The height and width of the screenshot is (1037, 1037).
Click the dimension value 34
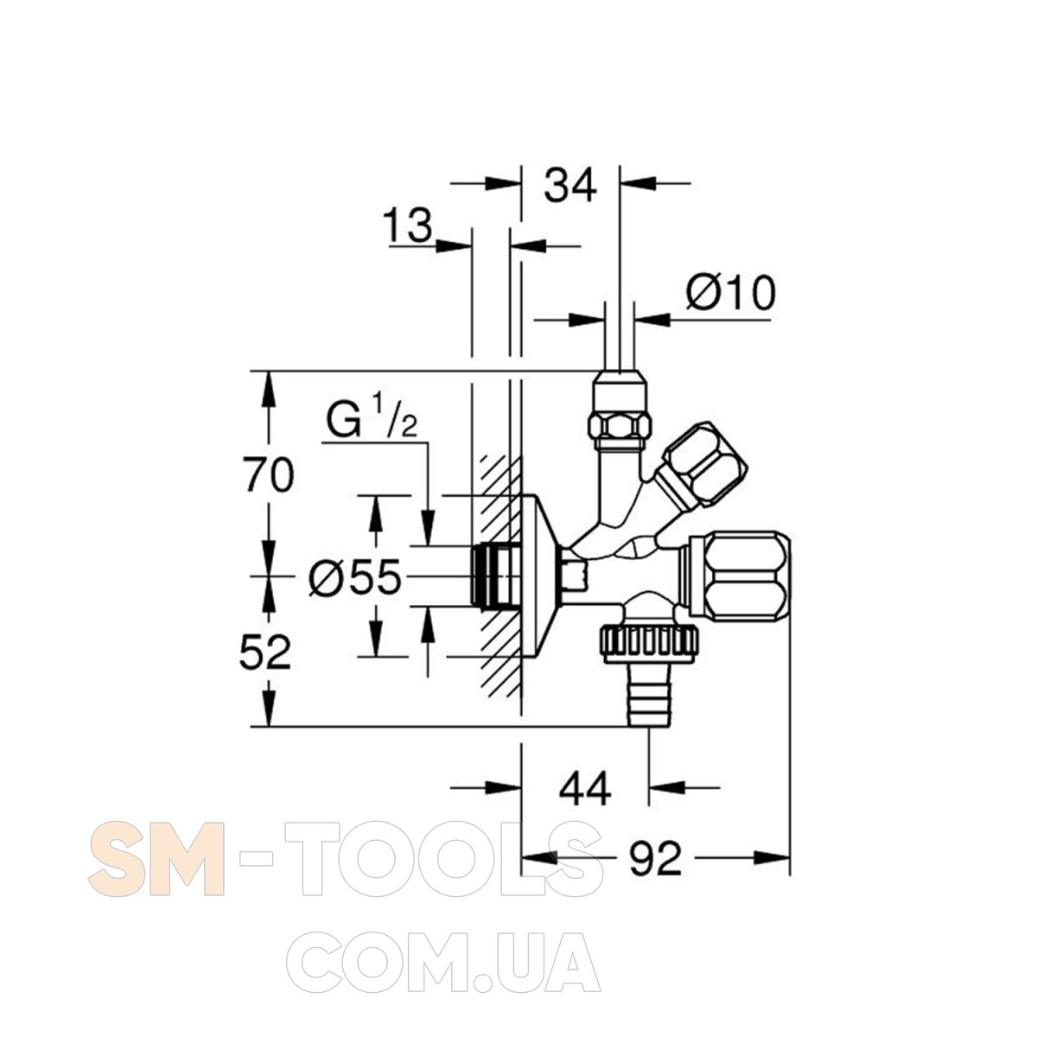[569, 185]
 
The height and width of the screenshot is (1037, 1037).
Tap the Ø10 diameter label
[731, 292]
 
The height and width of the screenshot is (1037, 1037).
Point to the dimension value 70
[270, 474]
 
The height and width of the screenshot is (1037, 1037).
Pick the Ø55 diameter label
[355, 576]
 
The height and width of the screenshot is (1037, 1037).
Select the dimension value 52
[265, 652]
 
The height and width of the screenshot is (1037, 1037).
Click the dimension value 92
[655, 858]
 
